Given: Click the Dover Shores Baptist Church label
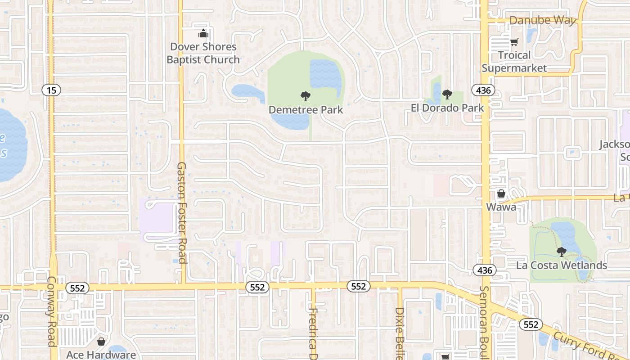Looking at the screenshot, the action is click(x=203, y=53).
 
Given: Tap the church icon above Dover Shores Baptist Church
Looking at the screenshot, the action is click(x=203, y=34).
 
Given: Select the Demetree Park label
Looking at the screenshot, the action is click(x=306, y=110).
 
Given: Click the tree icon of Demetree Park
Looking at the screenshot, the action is click(x=306, y=96).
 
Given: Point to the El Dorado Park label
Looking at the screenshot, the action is click(x=447, y=108).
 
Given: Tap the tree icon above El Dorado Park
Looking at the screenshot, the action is click(x=447, y=94).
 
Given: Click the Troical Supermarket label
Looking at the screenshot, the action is click(x=514, y=62).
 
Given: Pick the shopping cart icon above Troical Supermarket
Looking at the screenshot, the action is click(x=514, y=42).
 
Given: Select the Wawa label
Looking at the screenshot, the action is click(x=501, y=207).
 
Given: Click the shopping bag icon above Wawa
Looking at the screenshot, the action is click(x=501, y=194).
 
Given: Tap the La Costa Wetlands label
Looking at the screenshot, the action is click(x=562, y=265).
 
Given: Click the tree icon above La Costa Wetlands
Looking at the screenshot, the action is click(x=561, y=252).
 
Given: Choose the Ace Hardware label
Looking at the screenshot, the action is click(x=101, y=355).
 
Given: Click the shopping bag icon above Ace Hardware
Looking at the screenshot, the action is click(x=101, y=342).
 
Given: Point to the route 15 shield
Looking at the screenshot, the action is click(x=51, y=90).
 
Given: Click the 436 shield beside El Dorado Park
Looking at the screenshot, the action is click(x=483, y=90).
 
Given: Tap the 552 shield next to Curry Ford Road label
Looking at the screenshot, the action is click(x=531, y=324).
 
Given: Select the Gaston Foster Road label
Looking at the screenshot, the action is click(x=181, y=212).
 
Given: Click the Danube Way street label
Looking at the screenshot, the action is click(x=543, y=21).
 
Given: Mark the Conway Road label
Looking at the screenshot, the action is click(x=52, y=310).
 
